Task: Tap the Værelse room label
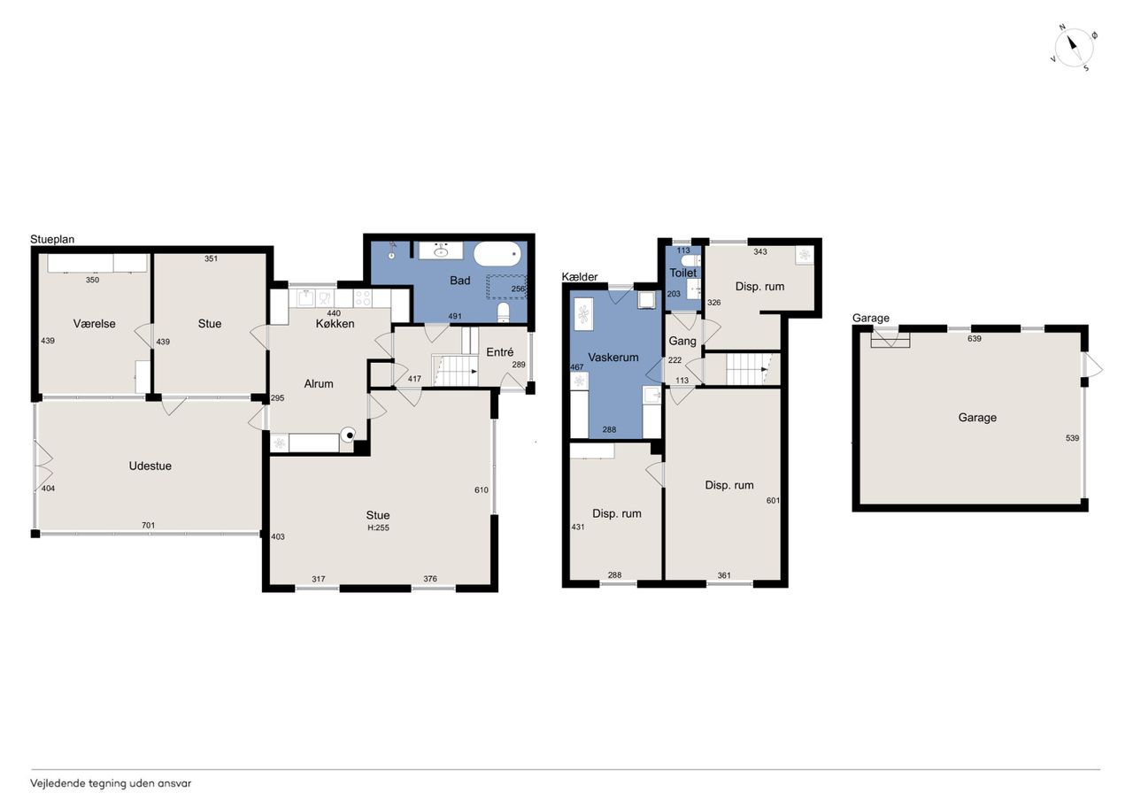point(94,324)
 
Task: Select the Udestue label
point(150,466)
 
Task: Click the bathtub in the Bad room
point(497,253)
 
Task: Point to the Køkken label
point(335,324)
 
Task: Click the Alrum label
point(319,384)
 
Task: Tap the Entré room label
point(500,352)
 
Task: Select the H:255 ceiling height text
point(378,528)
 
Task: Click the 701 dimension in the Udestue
point(148,526)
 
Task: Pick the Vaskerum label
point(613,357)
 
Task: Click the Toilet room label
point(682,273)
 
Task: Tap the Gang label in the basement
point(682,341)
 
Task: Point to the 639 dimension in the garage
point(975,338)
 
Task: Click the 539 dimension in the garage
point(1072,438)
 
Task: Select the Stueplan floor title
point(52,239)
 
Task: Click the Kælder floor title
point(580,277)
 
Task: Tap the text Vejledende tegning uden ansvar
point(111,784)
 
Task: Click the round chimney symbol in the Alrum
point(348,435)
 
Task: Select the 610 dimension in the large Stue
point(482,489)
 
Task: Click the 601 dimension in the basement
point(773,501)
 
